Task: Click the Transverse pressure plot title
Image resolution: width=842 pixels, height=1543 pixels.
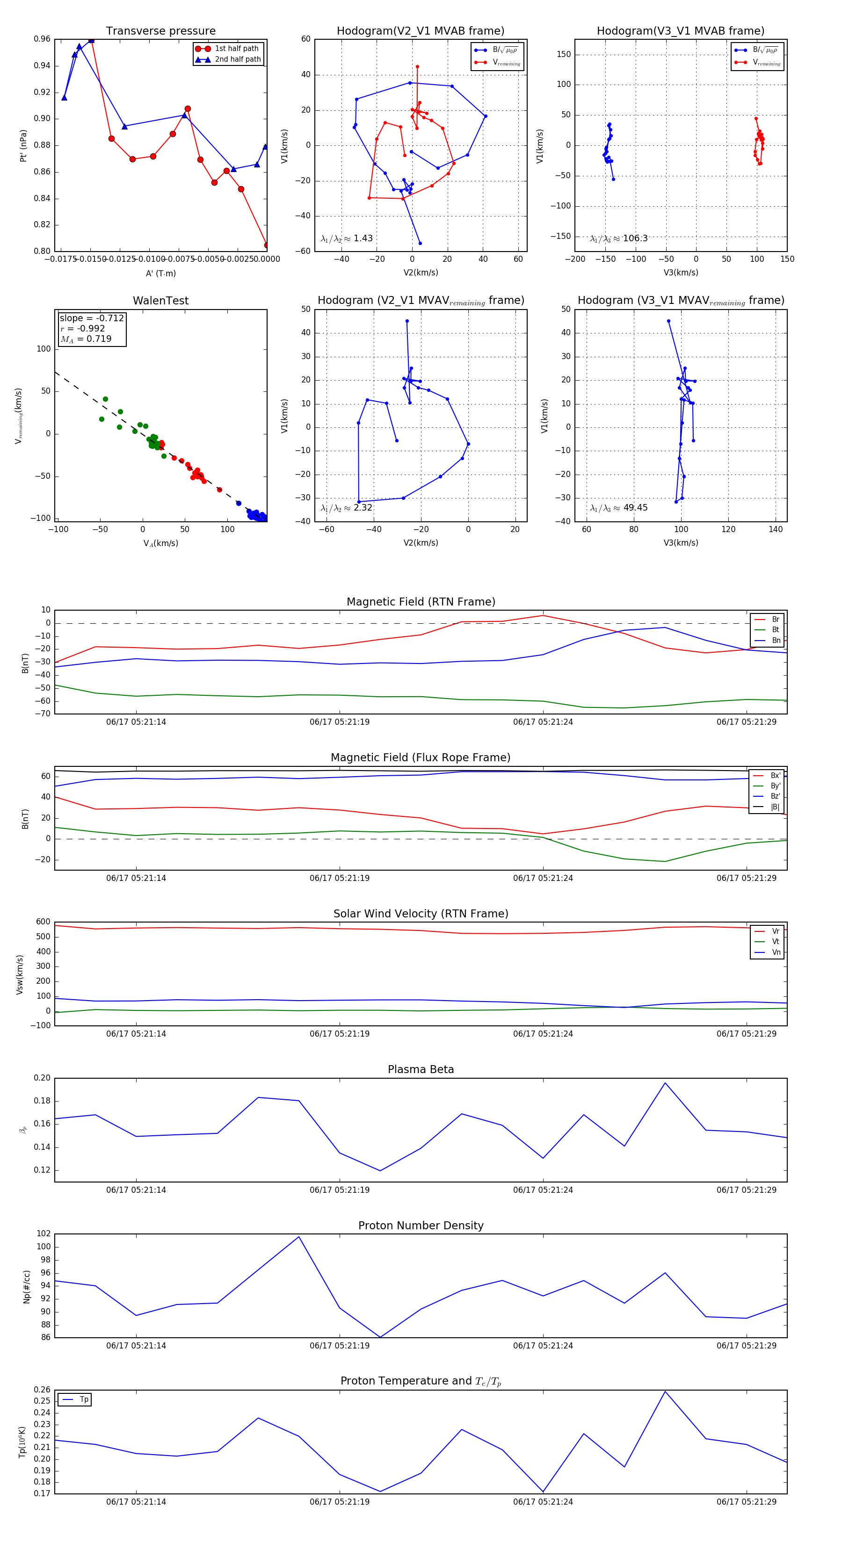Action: [x=160, y=31]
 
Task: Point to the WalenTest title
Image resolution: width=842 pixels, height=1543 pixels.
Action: [x=160, y=301]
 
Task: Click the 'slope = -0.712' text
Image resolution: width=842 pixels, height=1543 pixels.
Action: [x=92, y=318]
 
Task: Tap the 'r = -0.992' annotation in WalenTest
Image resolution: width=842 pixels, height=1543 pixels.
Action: [x=83, y=328]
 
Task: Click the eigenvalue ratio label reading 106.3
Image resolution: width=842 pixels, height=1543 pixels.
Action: [x=619, y=238]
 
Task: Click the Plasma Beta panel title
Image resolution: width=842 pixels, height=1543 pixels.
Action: [x=421, y=1069]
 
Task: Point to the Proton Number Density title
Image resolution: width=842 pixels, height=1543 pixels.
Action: [x=421, y=1225]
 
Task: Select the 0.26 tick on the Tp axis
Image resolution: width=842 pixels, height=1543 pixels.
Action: [x=42, y=1390]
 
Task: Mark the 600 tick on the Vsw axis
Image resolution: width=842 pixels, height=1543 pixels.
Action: [x=43, y=922]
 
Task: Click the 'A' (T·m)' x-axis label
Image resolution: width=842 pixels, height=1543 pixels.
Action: [x=160, y=273]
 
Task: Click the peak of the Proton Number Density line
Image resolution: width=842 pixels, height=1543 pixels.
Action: [x=299, y=1237]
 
